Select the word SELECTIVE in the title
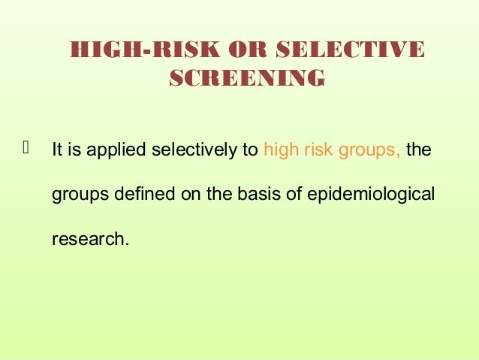(x=350, y=50)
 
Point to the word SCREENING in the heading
(x=247, y=78)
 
